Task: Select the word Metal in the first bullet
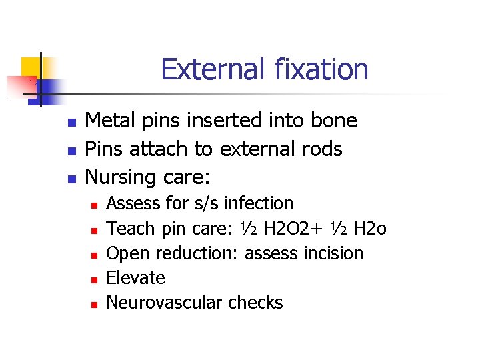click(109, 121)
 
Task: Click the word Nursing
click(119, 178)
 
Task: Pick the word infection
click(261, 203)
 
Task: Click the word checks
click(256, 303)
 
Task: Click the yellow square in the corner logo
click(31, 67)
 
